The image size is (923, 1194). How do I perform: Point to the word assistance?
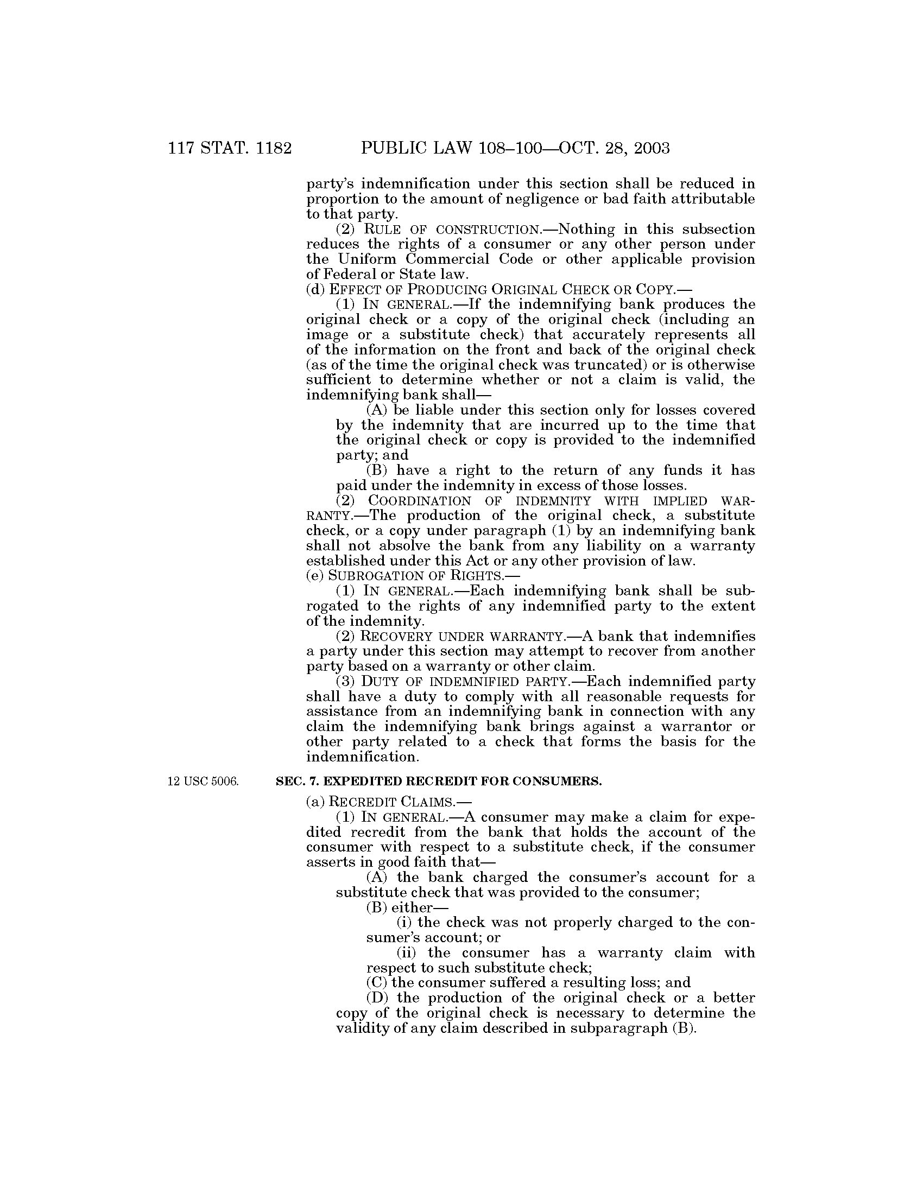click(x=341, y=712)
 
